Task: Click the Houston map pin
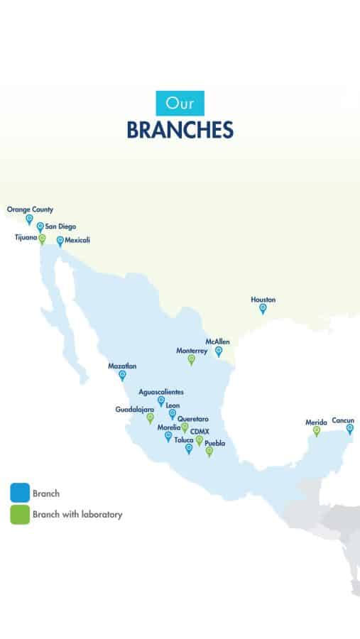[263, 308]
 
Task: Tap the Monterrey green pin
[191, 359]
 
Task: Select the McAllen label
[217, 342]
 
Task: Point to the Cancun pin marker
[349, 428]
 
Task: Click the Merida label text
[316, 422]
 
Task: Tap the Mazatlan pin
[122, 375]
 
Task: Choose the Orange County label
[30, 209]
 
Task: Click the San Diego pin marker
[40, 227]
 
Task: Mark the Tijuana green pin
[42, 239]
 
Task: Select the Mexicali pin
[60, 241]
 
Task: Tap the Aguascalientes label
[161, 392]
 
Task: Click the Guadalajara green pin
[150, 418]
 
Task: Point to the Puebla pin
[209, 452]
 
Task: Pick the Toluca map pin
[189, 448]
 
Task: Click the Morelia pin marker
[168, 437]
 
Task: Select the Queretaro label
[193, 419]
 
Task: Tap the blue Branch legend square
[20, 493]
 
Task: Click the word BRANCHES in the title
[180, 131]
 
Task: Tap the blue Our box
[180, 104]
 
